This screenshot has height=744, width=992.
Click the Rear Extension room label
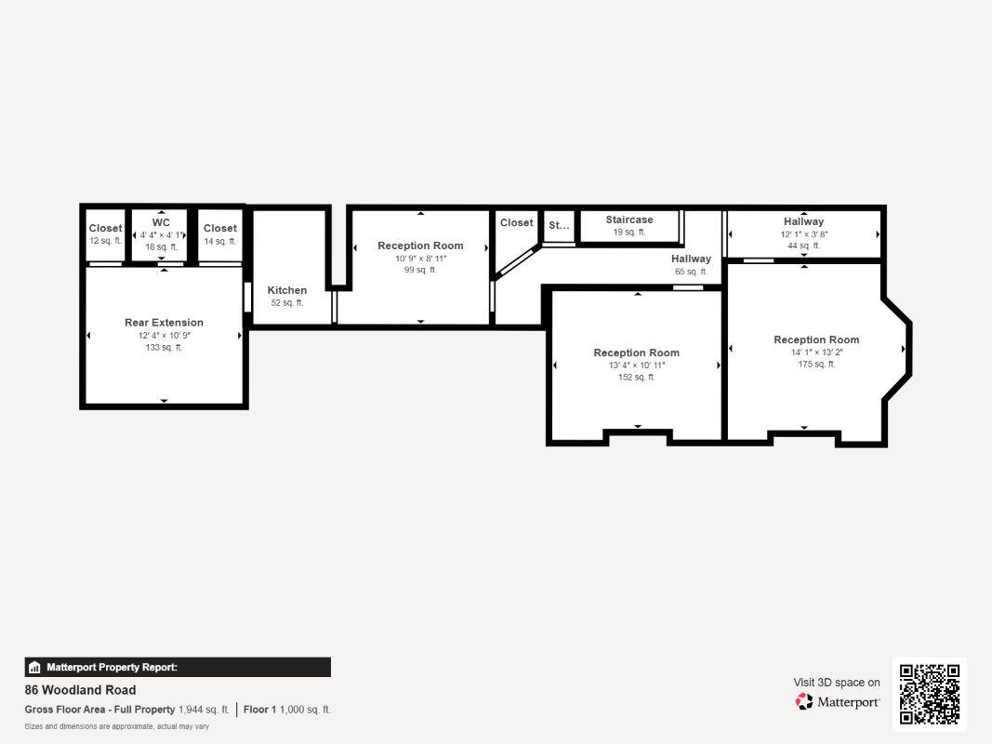(164, 323)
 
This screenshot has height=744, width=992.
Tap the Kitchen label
(286, 290)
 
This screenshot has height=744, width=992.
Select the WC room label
(161, 222)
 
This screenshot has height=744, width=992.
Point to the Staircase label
(628, 219)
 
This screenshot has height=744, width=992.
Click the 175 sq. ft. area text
(816, 365)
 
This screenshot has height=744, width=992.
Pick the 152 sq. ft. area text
(637, 377)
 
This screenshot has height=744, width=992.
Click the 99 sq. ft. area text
(420, 270)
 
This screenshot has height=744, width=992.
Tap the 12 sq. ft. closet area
(106, 241)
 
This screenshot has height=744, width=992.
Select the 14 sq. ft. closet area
(219, 241)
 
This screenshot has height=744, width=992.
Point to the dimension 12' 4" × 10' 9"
(164, 336)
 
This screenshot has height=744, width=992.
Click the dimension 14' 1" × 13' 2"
(816, 352)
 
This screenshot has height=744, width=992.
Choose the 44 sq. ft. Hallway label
(803, 221)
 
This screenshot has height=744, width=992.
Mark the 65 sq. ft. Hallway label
(691, 259)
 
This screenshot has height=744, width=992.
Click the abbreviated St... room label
(559, 225)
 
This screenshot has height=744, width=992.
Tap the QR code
(930, 694)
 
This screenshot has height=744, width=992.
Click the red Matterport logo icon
(804, 701)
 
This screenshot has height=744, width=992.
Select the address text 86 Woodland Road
(80, 689)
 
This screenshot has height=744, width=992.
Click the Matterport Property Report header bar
(178, 668)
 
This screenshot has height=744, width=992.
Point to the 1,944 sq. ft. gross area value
(204, 710)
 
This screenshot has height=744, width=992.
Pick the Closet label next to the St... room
(516, 222)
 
